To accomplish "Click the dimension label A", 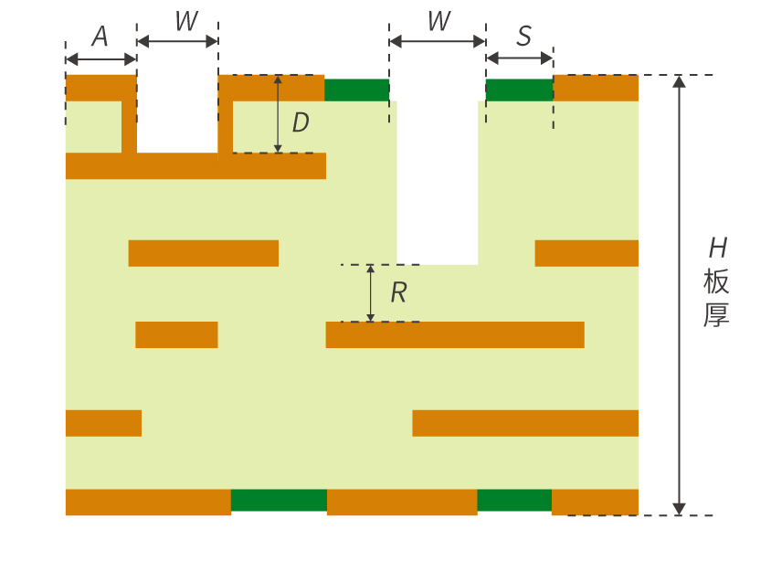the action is (100, 37).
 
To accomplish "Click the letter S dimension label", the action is (524, 36).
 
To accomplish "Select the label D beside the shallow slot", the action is (301, 122).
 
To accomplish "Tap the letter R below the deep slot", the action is (399, 293).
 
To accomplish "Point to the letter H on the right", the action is (718, 248).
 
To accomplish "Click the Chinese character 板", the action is (716, 281).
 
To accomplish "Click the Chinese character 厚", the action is (716, 315).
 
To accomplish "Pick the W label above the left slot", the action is (187, 21).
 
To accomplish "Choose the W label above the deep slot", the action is (439, 21).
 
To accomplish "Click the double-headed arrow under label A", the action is (100, 59).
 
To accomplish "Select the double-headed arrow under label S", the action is (520, 58).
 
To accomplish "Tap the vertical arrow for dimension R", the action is (371, 293).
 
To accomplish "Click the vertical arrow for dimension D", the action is (278, 114).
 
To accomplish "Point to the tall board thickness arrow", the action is (679, 295).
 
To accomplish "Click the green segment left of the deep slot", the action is (357, 90).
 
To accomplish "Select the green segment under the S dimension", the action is (520, 90).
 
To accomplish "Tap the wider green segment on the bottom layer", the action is (279, 500).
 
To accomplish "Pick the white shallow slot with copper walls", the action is (177, 114).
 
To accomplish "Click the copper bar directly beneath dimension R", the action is (455, 334).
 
